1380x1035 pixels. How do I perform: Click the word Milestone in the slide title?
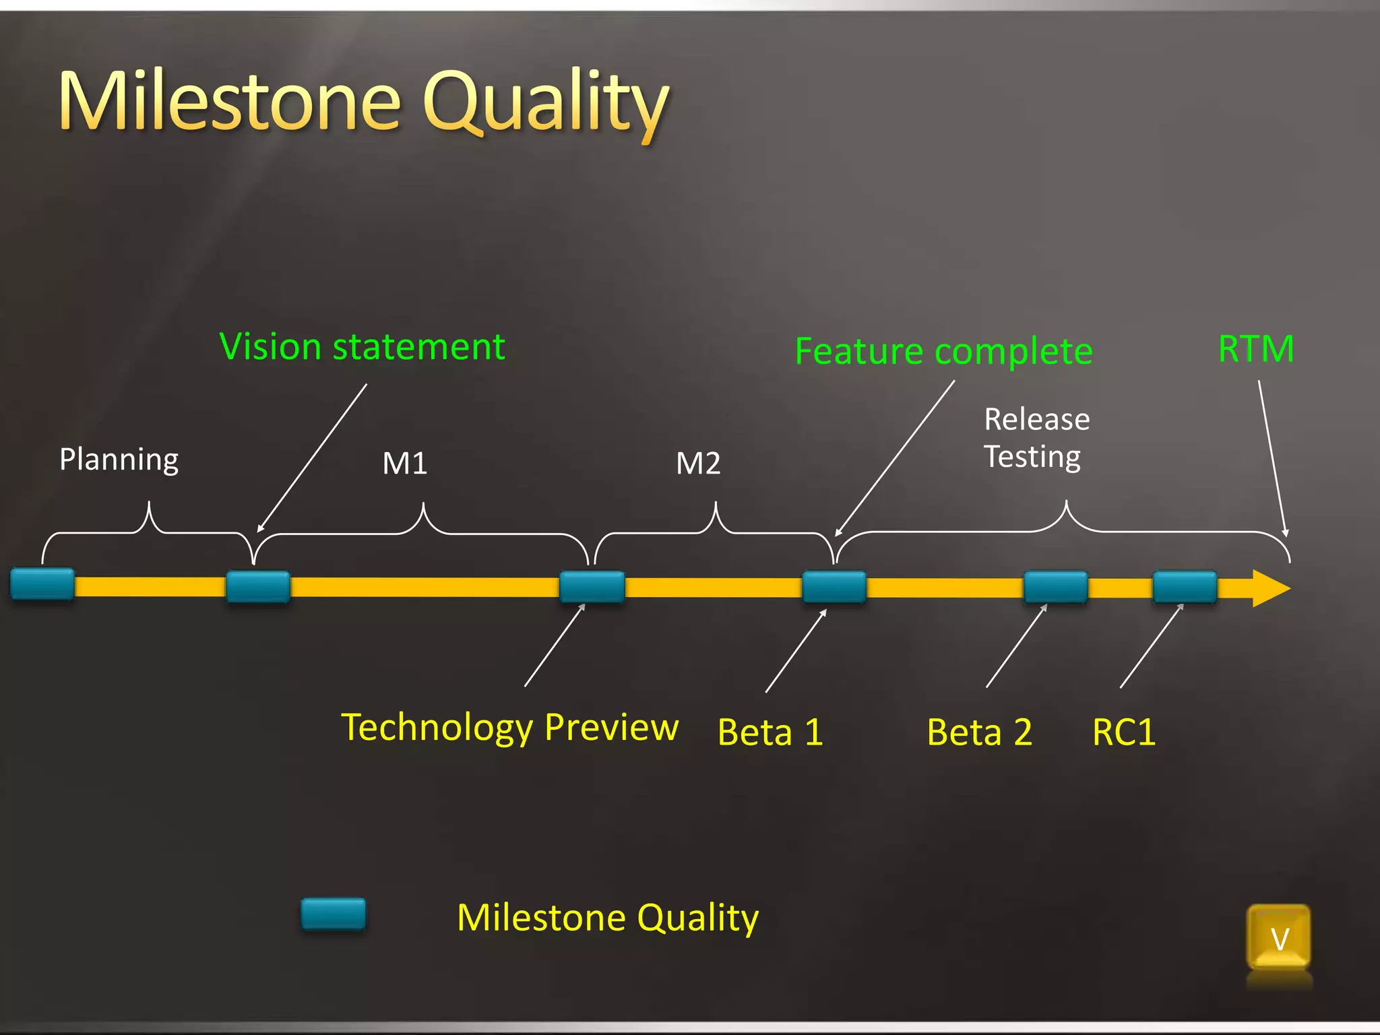[229, 101]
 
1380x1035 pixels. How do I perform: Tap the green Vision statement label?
[362, 347]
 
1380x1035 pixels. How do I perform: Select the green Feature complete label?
[943, 351]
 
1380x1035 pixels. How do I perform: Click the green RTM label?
[1256, 349]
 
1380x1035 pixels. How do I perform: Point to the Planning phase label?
[119, 460]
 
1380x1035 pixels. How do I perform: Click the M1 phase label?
[404, 464]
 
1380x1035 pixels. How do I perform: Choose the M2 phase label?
[698, 464]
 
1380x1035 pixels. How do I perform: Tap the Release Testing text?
[1036, 438]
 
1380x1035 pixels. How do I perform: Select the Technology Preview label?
[509, 728]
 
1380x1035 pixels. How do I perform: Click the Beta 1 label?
[770, 732]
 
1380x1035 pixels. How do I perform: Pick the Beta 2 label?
[979, 732]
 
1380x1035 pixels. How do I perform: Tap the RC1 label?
[1123, 732]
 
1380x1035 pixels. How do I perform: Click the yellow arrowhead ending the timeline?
[1269, 588]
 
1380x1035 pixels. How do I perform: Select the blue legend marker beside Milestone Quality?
[333, 914]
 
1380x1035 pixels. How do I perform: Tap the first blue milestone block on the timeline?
[42, 584]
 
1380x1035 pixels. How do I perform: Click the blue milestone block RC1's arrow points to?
[1184, 586]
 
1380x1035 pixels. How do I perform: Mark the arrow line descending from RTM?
[1272, 458]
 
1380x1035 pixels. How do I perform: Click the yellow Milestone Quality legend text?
[607, 918]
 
